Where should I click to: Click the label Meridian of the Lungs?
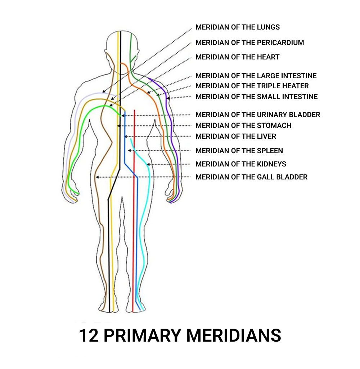[x=238, y=27]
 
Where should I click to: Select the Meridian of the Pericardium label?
[x=250, y=43]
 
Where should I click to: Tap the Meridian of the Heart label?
[x=238, y=57]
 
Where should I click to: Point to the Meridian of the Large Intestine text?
[x=256, y=76]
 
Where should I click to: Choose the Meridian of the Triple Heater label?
[x=252, y=86]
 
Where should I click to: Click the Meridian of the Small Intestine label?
[x=257, y=97]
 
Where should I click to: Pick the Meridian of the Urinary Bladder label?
[x=258, y=115]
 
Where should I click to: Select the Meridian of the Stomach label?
[x=243, y=125]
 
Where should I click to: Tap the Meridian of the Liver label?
[x=236, y=136]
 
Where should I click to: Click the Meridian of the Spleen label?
[x=239, y=151]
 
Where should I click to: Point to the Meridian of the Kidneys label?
[x=241, y=164]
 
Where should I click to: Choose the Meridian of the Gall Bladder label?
[x=251, y=177]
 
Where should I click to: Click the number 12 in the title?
[x=89, y=335]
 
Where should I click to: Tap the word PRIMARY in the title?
[x=142, y=335]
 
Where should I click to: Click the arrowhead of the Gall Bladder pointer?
[x=97, y=177]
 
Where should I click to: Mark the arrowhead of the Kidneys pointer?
[x=148, y=164]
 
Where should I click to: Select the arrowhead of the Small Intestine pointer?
[x=168, y=98]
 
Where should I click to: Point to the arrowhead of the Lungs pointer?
[x=104, y=91]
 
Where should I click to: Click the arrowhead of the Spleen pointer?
[x=129, y=151]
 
